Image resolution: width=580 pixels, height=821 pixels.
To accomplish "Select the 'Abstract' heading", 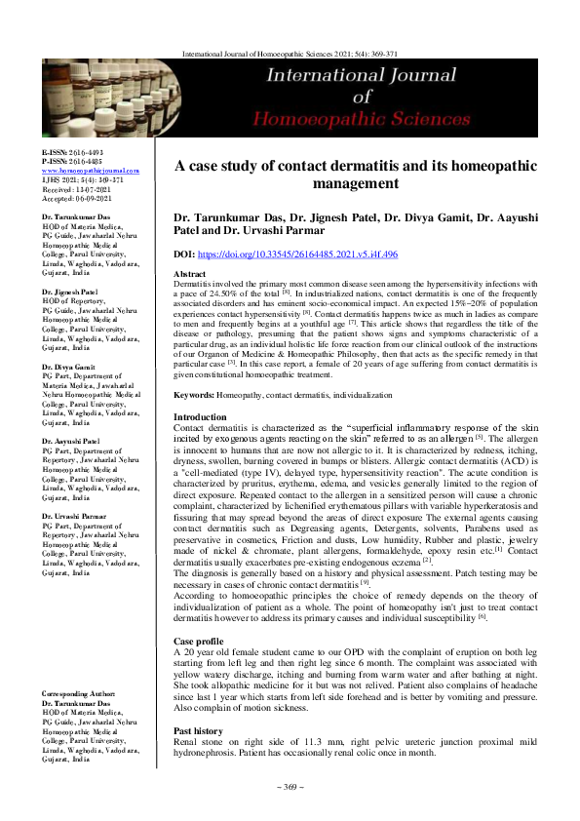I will (x=189, y=276).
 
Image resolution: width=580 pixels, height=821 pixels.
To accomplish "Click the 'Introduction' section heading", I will (x=199, y=415).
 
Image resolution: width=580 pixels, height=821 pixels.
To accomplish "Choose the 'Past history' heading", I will (x=198, y=703).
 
